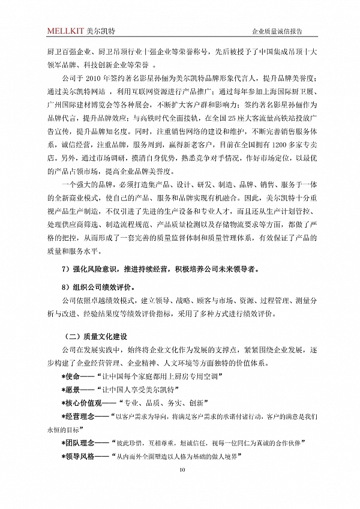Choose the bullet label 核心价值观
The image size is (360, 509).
[83, 403]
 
